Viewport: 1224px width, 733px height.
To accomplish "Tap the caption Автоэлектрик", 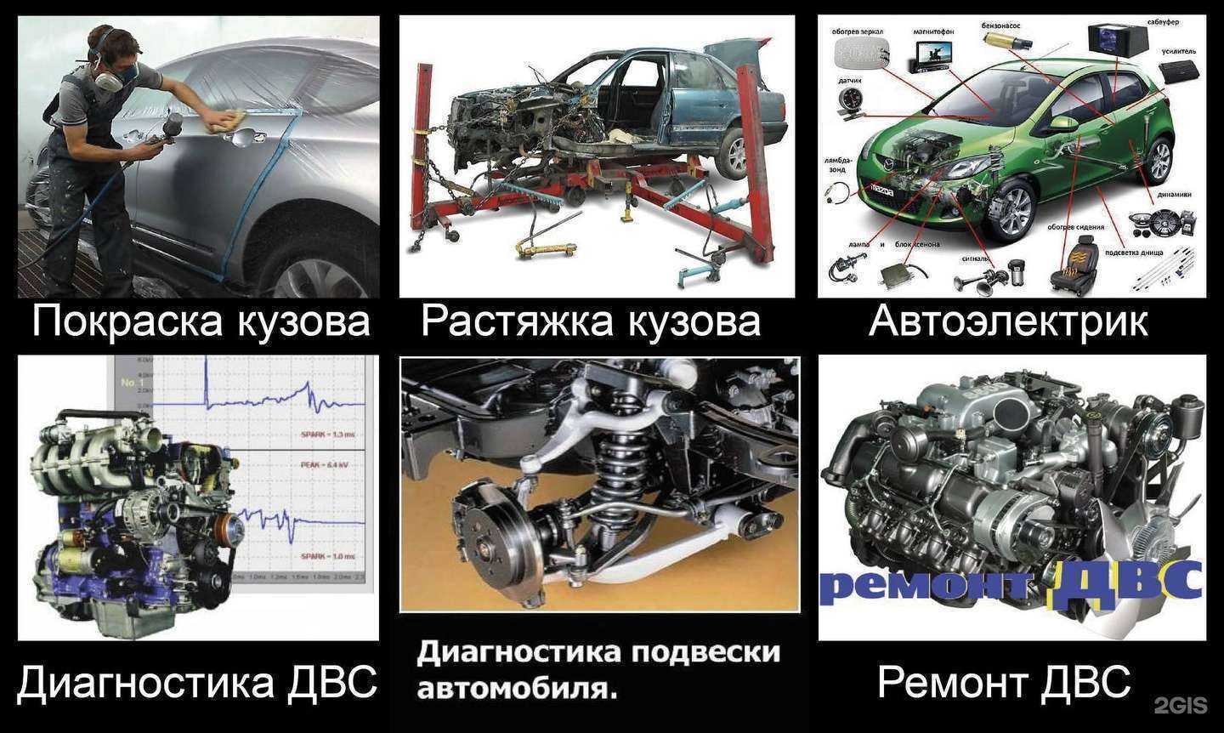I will point(1008,322).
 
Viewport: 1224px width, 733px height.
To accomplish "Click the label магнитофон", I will point(933,31).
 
